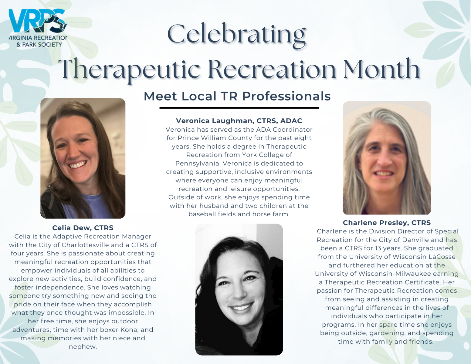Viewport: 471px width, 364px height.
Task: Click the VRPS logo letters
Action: point(37,21)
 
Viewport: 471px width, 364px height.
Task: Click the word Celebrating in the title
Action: point(236,35)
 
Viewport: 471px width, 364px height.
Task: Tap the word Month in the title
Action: point(381,69)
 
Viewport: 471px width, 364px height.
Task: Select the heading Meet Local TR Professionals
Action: point(237,96)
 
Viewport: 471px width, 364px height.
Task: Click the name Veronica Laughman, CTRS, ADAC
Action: point(239,121)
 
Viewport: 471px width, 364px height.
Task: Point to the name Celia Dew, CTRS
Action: point(83,228)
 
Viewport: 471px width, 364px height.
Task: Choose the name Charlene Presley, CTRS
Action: point(387,223)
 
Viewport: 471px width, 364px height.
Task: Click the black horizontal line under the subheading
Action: point(239,108)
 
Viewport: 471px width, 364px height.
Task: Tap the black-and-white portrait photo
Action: point(239,289)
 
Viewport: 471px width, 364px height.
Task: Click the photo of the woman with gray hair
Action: point(387,158)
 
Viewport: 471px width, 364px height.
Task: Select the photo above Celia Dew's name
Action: point(83,158)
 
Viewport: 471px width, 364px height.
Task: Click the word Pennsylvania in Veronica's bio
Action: point(198,163)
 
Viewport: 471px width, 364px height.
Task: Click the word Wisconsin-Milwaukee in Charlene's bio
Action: point(395,274)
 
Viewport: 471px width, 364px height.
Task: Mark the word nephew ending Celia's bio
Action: point(83,347)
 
